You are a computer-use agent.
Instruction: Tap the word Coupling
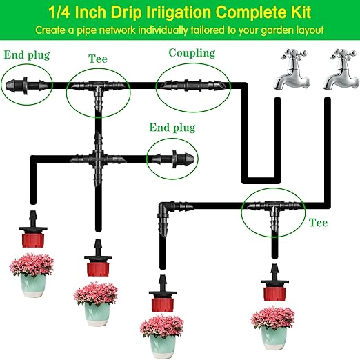(192, 53)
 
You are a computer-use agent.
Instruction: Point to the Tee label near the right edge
(319, 223)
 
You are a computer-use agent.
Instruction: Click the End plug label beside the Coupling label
(172, 128)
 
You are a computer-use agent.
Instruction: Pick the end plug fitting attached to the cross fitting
(169, 158)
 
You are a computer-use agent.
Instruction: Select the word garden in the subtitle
(272, 31)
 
